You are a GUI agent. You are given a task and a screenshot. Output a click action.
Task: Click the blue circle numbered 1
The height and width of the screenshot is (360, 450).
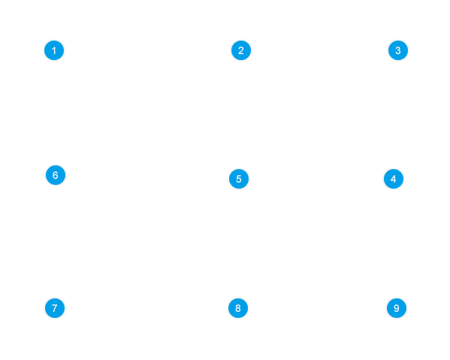[x=54, y=50]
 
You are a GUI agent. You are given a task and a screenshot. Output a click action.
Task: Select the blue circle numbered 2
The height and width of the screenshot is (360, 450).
[x=241, y=50]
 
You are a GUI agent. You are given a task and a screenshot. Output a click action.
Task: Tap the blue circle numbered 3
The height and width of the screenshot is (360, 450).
[x=398, y=50]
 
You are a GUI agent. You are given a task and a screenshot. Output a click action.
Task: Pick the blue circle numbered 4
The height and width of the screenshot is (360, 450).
[x=394, y=179]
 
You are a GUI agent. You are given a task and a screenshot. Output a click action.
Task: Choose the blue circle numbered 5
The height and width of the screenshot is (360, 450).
[x=239, y=179]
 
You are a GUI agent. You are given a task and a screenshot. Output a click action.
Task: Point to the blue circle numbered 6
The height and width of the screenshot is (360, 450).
[x=56, y=175]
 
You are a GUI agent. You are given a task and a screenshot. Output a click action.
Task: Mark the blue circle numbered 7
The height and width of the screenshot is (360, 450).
[x=55, y=308]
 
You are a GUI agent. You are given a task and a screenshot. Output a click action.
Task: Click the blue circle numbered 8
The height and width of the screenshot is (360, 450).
[x=238, y=308]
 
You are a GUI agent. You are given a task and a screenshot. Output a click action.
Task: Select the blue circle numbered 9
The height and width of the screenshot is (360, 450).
[x=397, y=308]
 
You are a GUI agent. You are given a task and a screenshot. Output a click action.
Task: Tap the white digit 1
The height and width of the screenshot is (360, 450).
[x=53, y=50]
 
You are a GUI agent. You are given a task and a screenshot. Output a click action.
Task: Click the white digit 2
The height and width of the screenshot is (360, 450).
[x=241, y=50]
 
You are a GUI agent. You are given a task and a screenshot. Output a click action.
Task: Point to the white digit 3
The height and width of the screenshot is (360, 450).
[x=398, y=50]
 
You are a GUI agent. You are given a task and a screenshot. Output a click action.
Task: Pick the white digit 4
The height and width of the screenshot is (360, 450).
[x=394, y=179]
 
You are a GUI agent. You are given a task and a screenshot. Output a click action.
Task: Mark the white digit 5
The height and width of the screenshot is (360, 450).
[x=239, y=179]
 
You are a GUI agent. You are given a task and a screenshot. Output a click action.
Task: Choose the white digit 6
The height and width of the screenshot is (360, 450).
[x=56, y=175]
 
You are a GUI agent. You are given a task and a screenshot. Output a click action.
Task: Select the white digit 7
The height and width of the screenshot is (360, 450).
[x=55, y=308]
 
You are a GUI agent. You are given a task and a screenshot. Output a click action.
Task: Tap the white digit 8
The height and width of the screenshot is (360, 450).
[x=238, y=308]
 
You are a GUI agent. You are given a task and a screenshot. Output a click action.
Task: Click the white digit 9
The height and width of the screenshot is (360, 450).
[x=397, y=308]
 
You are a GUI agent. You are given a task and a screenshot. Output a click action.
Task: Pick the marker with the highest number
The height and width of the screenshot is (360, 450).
[x=397, y=308]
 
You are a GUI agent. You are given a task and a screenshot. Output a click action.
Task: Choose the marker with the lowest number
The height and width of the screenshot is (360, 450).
[x=54, y=50]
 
